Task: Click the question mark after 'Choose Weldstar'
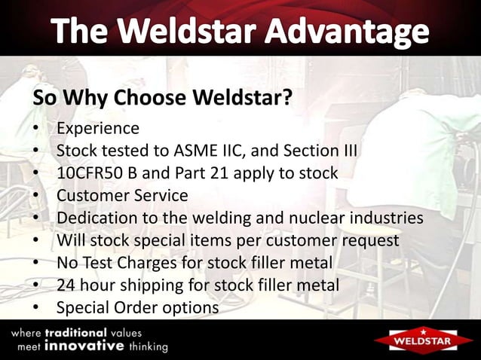pyautogui.click(x=286, y=99)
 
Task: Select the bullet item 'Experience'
pyautogui.click(x=98, y=128)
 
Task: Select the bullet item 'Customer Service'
pyautogui.click(x=122, y=196)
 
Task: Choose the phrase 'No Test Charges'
pyautogui.click(x=114, y=264)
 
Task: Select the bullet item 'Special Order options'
pyautogui.click(x=137, y=309)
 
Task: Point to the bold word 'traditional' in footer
pyautogui.click(x=75, y=332)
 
